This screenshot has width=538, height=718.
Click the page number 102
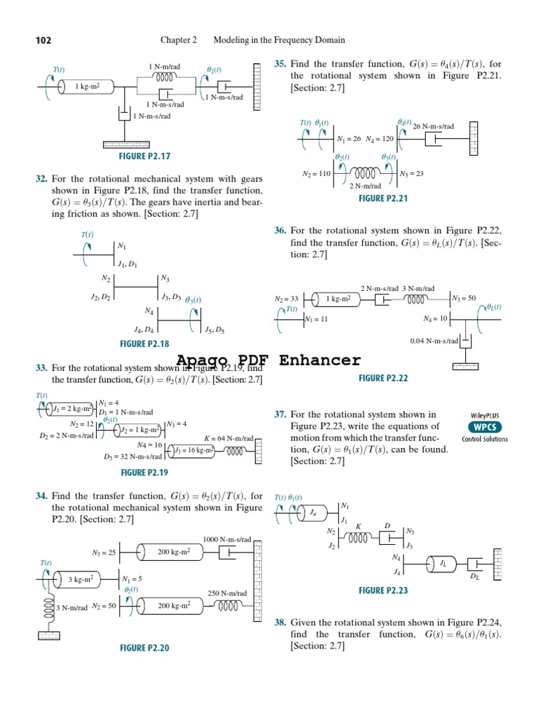(x=43, y=41)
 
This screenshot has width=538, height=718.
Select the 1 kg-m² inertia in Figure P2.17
(x=90, y=87)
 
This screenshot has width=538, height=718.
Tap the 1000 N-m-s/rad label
(x=226, y=539)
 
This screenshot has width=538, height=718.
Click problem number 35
(x=280, y=64)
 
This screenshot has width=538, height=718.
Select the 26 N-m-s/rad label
(x=434, y=126)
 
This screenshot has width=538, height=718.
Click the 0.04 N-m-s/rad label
(x=434, y=341)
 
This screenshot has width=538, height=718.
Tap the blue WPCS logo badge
(x=485, y=427)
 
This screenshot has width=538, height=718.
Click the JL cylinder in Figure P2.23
(x=443, y=563)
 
